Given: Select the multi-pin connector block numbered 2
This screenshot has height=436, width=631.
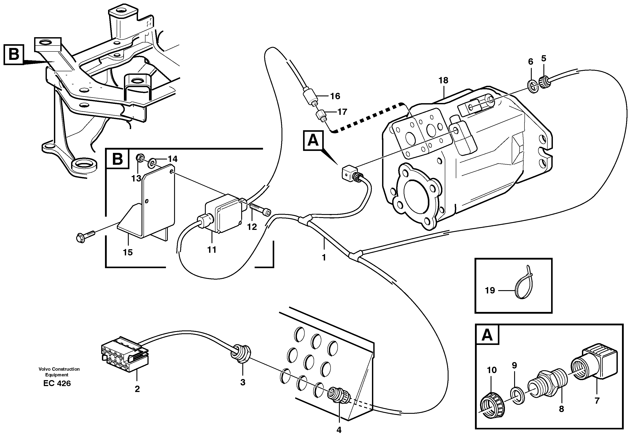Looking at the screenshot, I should pos(125,357).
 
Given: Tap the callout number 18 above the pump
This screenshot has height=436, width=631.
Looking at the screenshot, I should pos(443,80).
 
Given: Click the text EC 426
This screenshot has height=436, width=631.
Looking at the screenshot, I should pos(57,383).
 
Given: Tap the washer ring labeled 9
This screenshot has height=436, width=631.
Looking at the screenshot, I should pos(517,396).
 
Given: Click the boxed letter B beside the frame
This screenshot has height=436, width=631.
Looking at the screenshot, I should pos(14,55).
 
